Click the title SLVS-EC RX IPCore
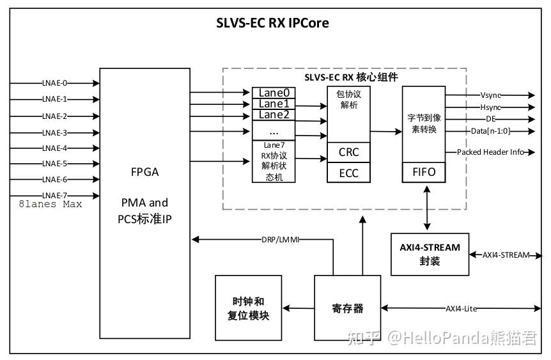pyautogui.click(x=272, y=24)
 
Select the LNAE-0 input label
pyautogui.click(x=54, y=83)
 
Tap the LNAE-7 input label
pyautogui.click(x=54, y=194)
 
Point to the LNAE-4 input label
pyautogui.click(x=54, y=148)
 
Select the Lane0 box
pyautogui.click(x=274, y=93)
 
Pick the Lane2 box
pyautogui.click(x=274, y=114)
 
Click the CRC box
pyautogui.click(x=348, y=152)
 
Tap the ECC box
pyautogui.click(x=348, y=172)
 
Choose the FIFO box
pyautogui.click(x=423, y=172)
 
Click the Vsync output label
pyautogui.click(x=490, y=95)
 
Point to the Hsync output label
pyautogui.click(x=490, y=107)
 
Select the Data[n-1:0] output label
pyautogui.click(x=490, y=131)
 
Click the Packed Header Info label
pyautogui.click(x=490, y=152)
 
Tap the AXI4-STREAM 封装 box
pyautogui.click(x=429, y=254)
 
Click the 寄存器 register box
pyautogui.click(x=348, y=308)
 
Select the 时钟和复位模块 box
pyautogui.click(x=247, y=308)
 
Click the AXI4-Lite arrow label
pyautogui.click(x=462, y=308)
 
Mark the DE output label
pyautogui.click(x=490, y=119)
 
